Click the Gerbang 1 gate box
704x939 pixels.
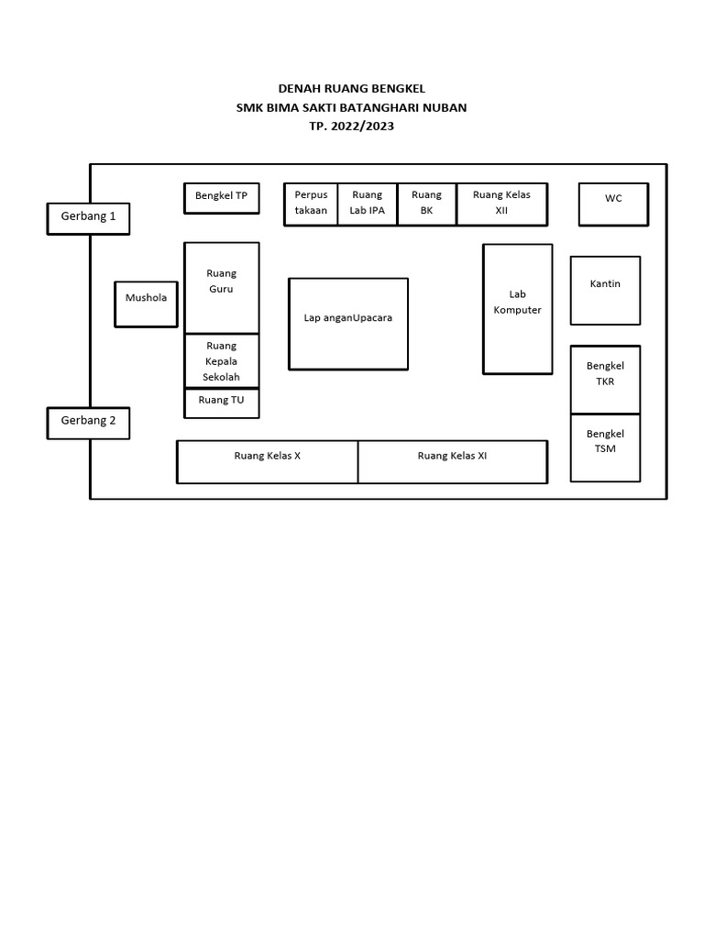(88, 218)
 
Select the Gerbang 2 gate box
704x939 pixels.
(88, 423)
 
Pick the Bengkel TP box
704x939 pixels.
(221, 198)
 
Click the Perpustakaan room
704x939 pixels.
(311, 204)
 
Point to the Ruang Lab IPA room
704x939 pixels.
(367, 204)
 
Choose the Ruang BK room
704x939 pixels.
(426, 204)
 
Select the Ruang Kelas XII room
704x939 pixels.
(501, 204)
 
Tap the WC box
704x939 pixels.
(613, 204)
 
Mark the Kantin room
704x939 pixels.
(605, 291)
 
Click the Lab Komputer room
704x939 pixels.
(518, 309)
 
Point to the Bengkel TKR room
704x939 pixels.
(605, 380)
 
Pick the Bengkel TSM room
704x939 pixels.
(605, 447)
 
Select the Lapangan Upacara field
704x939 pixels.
(348, 324)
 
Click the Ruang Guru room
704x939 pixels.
(221, 288)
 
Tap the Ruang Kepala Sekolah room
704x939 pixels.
(221, 361)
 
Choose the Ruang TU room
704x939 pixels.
(221, 403)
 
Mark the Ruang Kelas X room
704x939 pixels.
(267, 461)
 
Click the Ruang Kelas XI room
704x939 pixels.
(452, 461)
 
